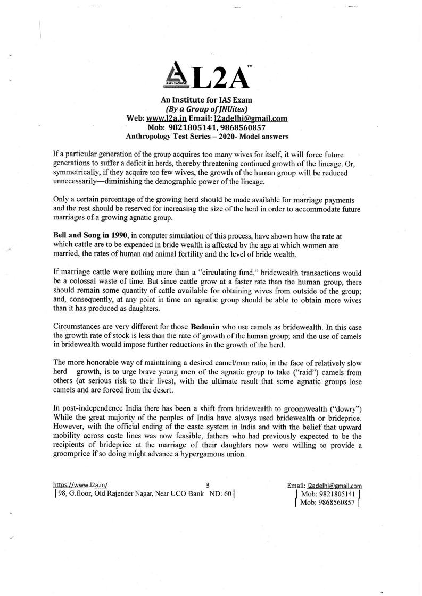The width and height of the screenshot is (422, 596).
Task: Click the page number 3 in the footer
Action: pos(208,484)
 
